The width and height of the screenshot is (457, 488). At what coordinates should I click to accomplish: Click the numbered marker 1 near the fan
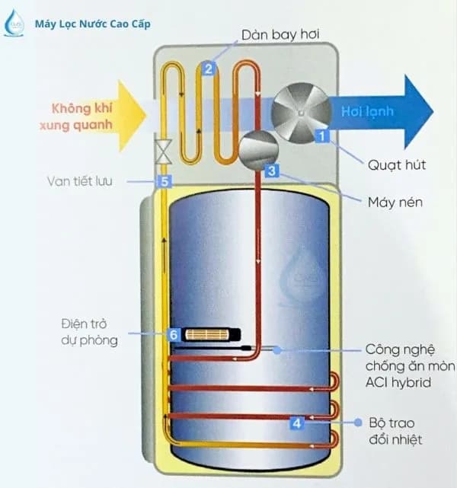(321, 138)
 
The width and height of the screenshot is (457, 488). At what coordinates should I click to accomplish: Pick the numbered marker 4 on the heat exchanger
(297, 421)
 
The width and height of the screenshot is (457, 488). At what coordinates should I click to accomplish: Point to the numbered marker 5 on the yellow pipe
(163, 181)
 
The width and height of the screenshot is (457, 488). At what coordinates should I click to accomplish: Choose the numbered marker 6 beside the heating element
(173, 334)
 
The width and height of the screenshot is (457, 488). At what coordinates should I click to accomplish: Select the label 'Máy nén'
(394, 203)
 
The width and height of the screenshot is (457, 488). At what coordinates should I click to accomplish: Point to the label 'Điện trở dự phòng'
(90, 333)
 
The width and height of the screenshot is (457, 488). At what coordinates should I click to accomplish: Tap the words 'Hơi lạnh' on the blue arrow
(367, 112)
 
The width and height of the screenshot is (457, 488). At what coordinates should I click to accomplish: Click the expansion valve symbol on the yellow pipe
(162, 152)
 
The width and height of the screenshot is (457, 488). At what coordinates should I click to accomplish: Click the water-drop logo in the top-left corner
(14, 24)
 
